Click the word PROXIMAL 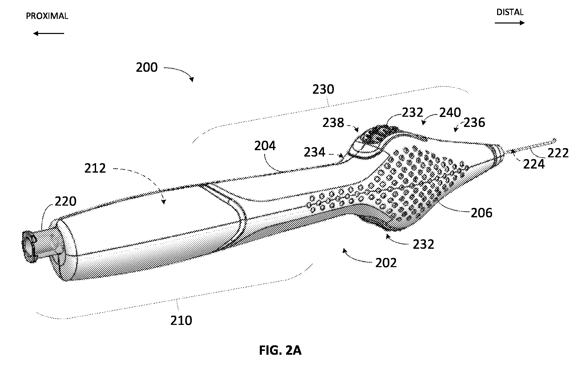tap(47, 16)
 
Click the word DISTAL tap(510, 12)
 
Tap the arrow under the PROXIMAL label tap(49, 33)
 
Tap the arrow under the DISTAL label tap(510, 23)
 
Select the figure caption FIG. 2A tap(280, 350)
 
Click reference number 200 tap(147, 67)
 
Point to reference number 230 tap(323, 89)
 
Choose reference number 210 tap(181, 320)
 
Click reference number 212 tap(95, 168)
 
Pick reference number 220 tap(65, 202)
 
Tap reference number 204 tap(265, 146)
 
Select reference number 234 tap(314, 152)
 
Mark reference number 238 tap(333, 123)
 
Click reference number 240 tap(450, 112)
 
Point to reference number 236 tap(474, 123)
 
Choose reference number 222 tap(558, 153)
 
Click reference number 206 tap(482, 213)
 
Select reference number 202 tap(386, 263)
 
